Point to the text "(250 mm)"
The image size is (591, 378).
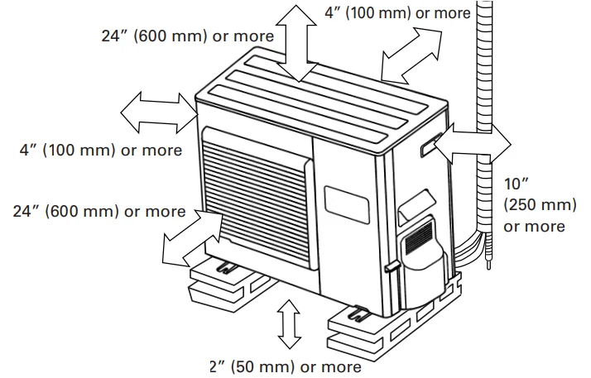click(534, 205)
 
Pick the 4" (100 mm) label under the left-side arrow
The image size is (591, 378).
click(101, 151)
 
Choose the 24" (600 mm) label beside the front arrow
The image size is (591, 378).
click(99, 211)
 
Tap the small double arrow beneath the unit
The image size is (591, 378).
click(288, 324)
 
